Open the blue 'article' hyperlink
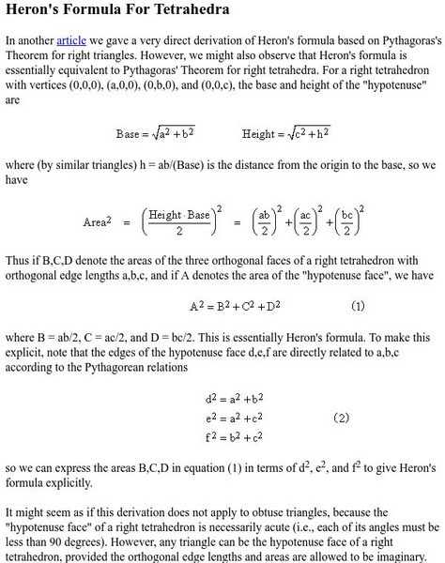(71, 41)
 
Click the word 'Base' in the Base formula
(128, 134)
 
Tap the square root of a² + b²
(175, 133)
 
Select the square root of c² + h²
(309, 133)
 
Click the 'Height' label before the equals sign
(259, 134)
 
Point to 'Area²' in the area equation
(99, 221)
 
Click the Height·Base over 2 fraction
(184, 221)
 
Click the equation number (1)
(358, 307)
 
